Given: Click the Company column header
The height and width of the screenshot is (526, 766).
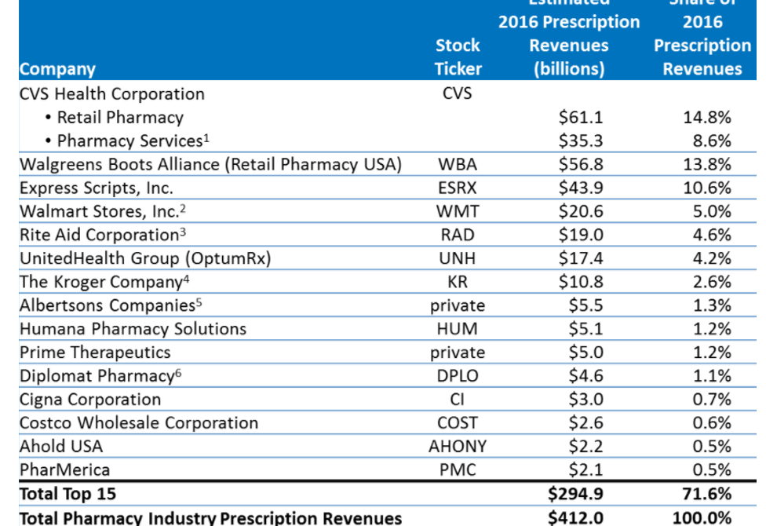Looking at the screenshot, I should tap(57, 69).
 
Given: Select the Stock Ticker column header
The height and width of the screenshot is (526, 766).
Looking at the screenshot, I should tap(458, 57).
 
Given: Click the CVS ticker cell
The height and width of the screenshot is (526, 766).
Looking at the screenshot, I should tap(458, 94).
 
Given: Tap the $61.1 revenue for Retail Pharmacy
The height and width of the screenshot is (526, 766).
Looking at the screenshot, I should tap(581, 118).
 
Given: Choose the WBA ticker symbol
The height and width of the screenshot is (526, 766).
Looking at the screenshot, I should tap(458, 165).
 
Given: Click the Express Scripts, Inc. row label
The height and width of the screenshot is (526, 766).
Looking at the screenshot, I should tap(97, 188).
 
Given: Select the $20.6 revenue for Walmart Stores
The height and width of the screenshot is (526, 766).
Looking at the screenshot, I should tap(581, 212).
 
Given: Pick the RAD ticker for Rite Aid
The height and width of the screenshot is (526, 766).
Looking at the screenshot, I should tap(458, 236).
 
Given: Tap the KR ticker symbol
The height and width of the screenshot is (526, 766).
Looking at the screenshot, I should tap(458, 282).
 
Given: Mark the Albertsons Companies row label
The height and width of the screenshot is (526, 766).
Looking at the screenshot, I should tap(111, 305).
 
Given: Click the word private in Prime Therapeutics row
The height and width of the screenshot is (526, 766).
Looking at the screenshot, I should tap(458, 352).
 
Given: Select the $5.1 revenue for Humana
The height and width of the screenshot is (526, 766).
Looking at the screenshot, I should tap(581, 329).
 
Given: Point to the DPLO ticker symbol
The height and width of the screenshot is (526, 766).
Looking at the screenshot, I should tap(458, 376).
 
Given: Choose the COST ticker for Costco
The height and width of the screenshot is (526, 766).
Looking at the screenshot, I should tap(458, 423).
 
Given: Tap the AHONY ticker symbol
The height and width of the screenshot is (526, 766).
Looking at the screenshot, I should tap(458, 447).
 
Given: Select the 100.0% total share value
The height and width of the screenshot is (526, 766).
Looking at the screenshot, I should tap(702, 517).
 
